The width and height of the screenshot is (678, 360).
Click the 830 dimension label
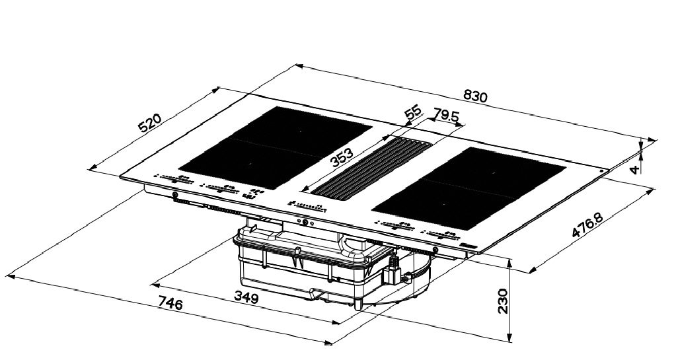click(x=475, y=96)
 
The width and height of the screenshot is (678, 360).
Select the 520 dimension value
click(x=149, y=122)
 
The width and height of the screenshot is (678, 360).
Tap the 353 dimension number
click(x=342, y=157)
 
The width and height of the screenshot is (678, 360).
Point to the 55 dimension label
click(x=412, y=113)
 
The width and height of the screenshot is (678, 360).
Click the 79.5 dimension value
click(x=446, y=116)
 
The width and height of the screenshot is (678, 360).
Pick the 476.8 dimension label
click(x=587, y=226)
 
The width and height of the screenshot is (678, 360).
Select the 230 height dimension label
click(x=502, y=301)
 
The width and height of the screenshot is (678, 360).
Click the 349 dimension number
click(x=246, y=297)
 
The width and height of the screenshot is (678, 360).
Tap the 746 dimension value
click(x=170, y=303)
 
